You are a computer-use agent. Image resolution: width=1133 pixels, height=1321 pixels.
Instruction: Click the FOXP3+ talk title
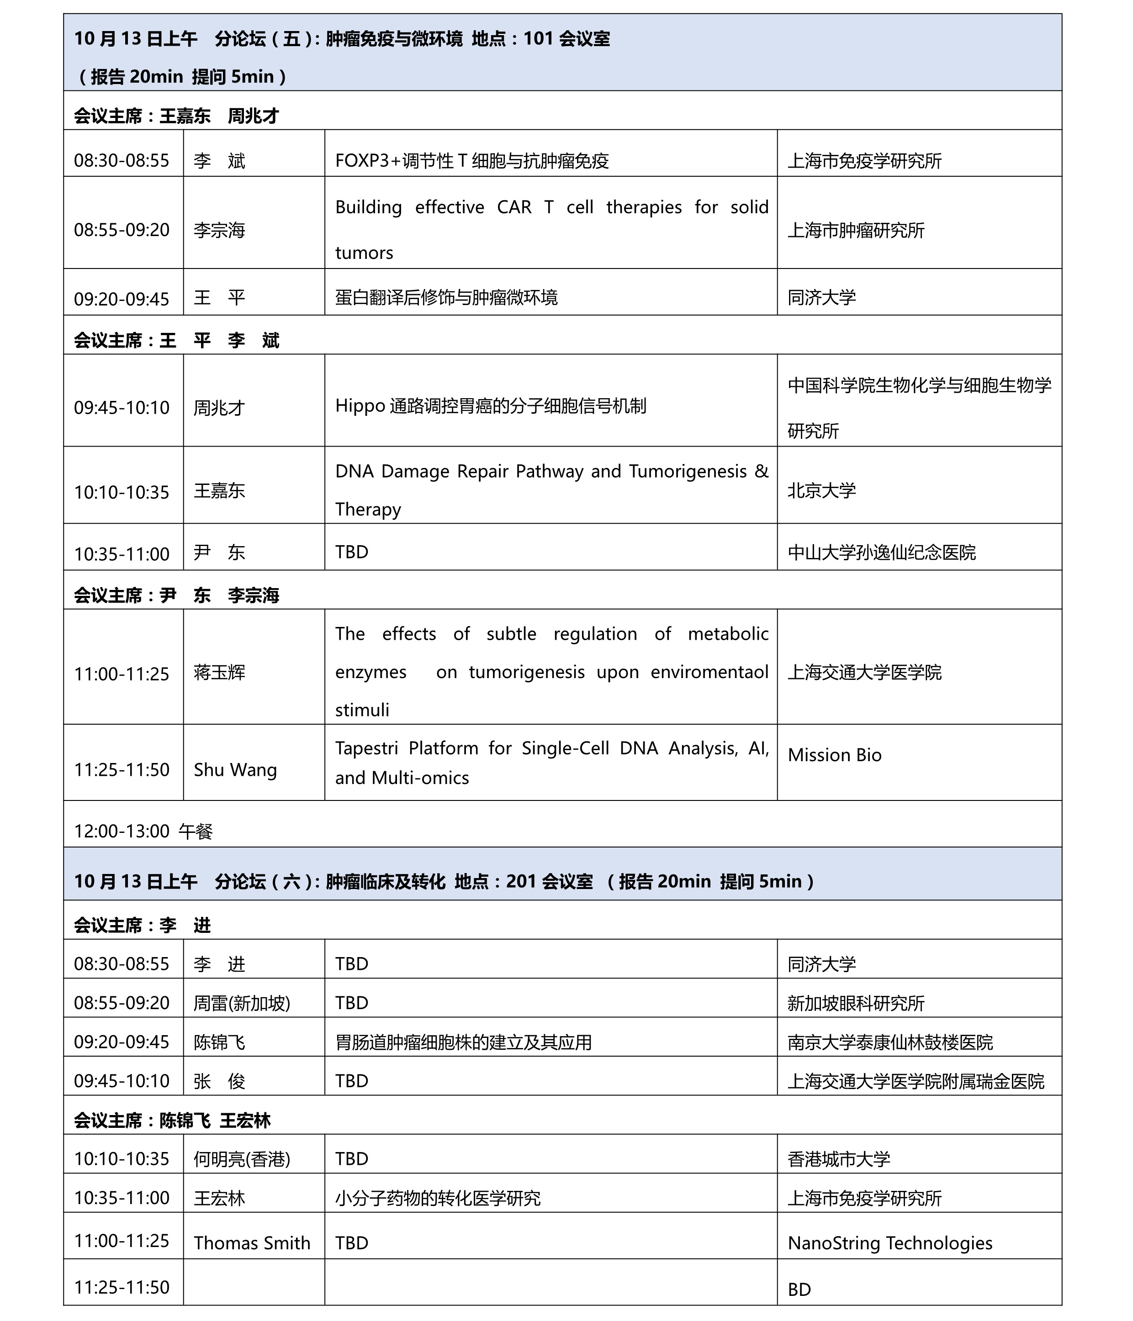[471, 161]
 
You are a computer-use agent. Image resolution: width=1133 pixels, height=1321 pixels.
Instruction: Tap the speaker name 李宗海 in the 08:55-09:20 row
[219, 230]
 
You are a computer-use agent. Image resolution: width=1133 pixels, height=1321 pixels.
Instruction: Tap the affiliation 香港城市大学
[838, 1158]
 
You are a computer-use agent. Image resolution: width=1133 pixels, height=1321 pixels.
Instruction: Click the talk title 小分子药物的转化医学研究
[438, 1198]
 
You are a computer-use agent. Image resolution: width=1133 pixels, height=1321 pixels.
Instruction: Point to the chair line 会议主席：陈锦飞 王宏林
[172, 1120]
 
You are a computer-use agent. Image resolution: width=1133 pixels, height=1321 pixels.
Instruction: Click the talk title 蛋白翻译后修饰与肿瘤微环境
[446, 298]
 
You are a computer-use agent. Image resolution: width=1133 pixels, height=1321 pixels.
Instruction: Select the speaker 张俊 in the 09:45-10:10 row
[219, 1081]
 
